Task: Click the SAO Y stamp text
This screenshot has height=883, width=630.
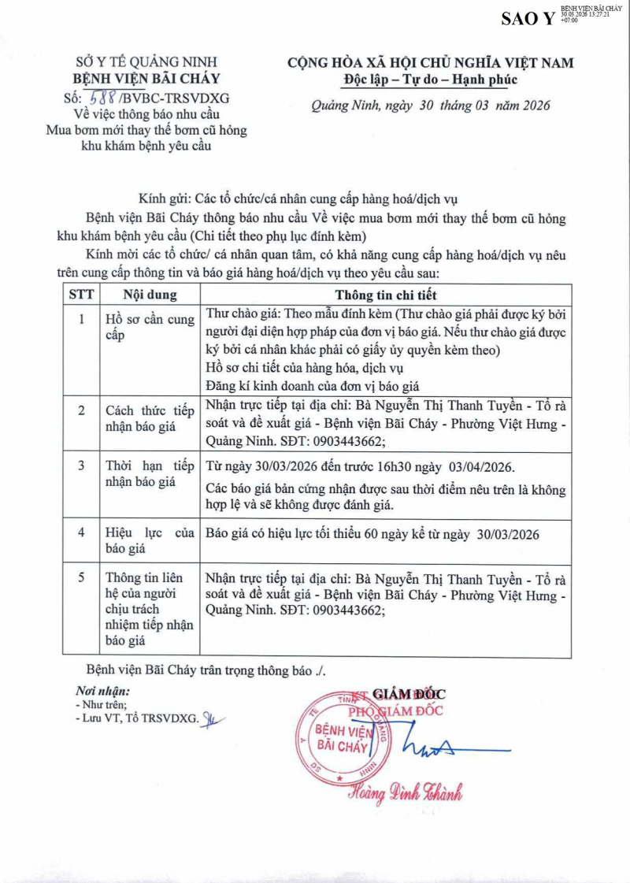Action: click(x=528, y=18)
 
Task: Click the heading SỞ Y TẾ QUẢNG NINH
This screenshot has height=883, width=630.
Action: click(x=146, y=62)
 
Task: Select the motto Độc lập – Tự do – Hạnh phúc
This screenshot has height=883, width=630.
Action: click(x=431, y=80)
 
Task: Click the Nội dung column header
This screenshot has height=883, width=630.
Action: click(x=150, y=295)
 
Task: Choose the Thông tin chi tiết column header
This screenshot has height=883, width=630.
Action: click(x=385, y=295)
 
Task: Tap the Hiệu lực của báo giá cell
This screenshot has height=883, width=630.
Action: click(x=150, y=541)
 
